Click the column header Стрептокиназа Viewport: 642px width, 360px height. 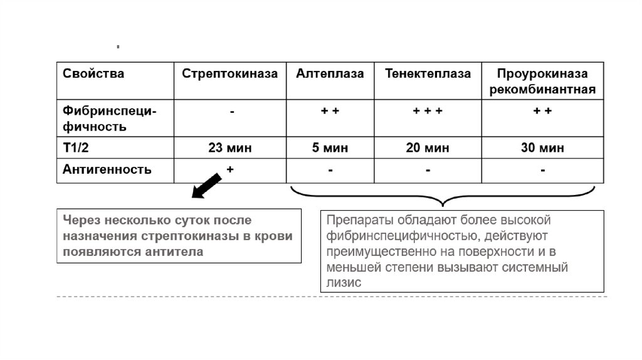tap(229, 74)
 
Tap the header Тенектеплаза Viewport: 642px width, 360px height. tap(428, 74)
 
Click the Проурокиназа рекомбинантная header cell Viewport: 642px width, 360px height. tap(542, 82)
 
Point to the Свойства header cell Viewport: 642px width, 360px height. tap(93, 74)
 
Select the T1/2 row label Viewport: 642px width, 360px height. tap(77, 148)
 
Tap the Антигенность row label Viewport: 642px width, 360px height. tap(107, 169)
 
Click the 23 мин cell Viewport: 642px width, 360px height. tap(229, 149)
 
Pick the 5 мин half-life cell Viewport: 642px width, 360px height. tap(330, 149)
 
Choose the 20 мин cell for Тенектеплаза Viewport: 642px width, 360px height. tap(428, 149)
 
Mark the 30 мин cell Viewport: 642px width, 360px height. tap(542, 149)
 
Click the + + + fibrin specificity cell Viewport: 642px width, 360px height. tap(428, 112)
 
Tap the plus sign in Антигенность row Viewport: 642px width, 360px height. tap(229, 169)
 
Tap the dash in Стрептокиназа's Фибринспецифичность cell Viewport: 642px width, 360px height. tap(232, 112)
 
